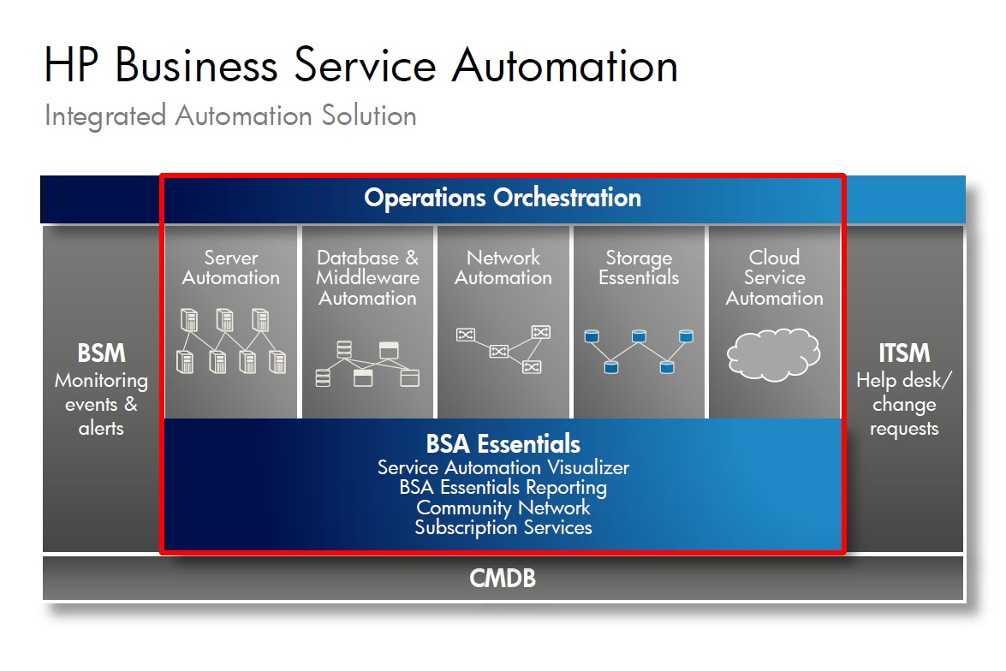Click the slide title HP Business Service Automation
360,65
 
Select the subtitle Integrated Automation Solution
230,116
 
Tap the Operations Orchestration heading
503,198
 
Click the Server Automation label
230,268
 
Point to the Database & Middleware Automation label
367,277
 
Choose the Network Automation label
503,268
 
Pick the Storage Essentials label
639,268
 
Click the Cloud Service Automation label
774,277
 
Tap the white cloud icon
774,353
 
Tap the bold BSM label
101,353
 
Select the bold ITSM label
904,353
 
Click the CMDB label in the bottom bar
503,579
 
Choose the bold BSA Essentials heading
503,444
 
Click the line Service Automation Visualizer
503,467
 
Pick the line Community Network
503,508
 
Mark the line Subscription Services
503,527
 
